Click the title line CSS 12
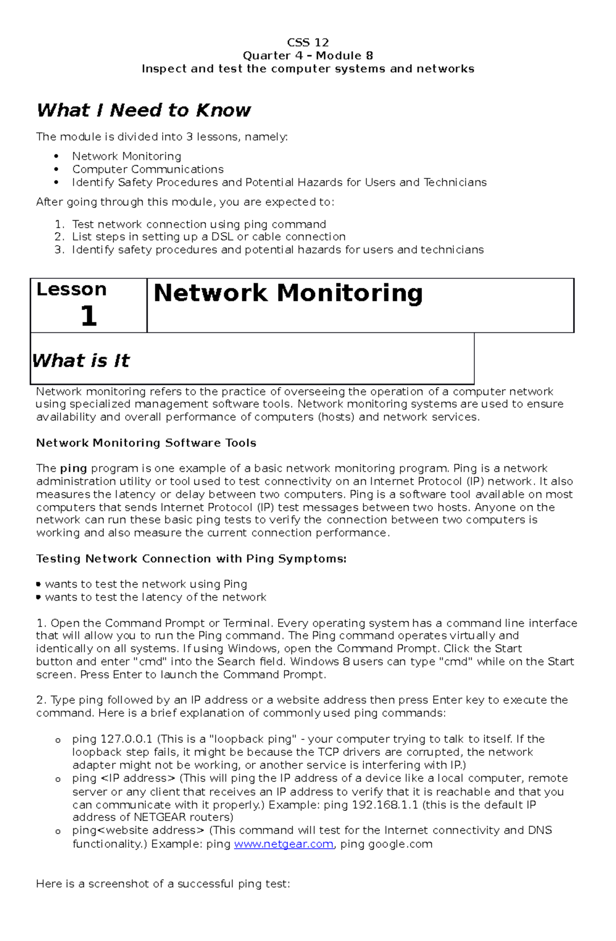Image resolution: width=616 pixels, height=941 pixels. click(307, 43)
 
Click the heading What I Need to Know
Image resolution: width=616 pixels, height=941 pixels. click(143, 110)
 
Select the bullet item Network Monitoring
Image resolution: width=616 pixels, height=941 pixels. click(126, 156)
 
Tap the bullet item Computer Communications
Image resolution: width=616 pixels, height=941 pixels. click(148, 169)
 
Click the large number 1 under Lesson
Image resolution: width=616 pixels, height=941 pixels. click(88, 315)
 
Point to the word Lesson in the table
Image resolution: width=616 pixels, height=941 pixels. click(71, 289)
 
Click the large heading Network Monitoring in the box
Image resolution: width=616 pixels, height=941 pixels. click(288, 293)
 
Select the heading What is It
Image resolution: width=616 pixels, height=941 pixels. click(81, 361)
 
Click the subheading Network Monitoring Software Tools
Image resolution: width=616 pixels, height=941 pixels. click(146, 443)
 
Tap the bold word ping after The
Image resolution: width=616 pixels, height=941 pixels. click(73, 468)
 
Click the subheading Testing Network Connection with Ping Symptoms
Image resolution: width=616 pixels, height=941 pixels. click(191, 558)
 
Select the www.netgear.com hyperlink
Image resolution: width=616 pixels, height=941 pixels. click(283, 844)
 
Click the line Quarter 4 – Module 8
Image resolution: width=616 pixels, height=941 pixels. click(307, 55)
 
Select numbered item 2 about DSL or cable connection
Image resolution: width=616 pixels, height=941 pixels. click(208, 237)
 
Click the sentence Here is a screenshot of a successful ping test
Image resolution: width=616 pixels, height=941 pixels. click(163, 884)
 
